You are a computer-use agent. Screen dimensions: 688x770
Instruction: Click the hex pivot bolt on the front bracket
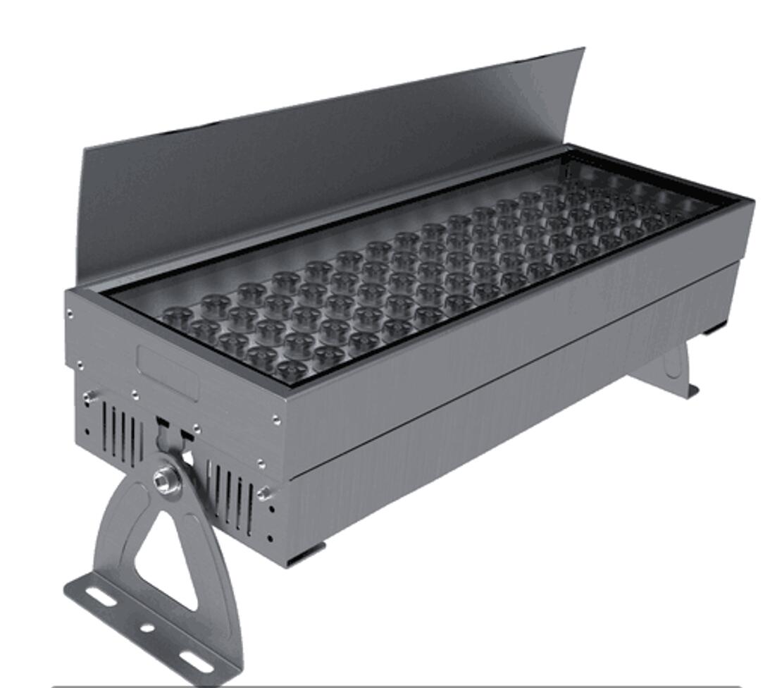click(167, 481)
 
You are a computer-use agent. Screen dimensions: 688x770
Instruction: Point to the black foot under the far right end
click(714, 328)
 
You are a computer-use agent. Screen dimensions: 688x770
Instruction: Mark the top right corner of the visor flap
click(583, 49)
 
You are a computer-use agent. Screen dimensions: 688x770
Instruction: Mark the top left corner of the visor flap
click(85, 149)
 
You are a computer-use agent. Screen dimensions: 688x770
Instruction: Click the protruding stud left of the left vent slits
click(89, 398)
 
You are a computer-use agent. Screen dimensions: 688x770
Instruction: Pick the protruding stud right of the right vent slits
click(265, 493)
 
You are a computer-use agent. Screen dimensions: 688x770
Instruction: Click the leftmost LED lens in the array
click(176, 317)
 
